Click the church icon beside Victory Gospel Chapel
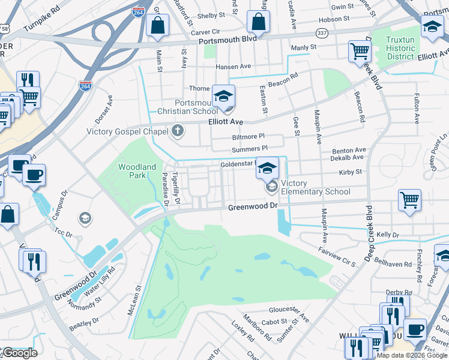[x=177, y=130]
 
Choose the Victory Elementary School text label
[x=315, y=188]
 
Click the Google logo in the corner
[x=19, y=353]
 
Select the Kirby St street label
[x=350, y=172]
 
